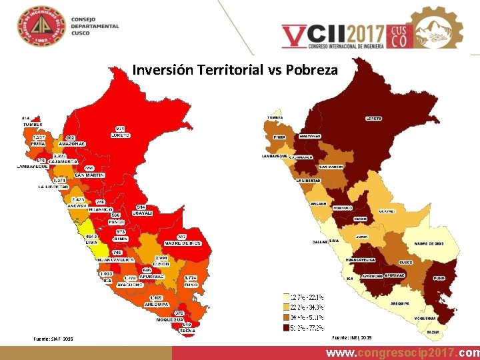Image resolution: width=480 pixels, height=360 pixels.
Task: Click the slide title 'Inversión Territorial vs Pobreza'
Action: pos(235,69)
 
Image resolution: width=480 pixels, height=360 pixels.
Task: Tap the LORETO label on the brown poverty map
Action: pos(373,119)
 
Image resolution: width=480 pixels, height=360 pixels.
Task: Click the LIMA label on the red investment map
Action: pos(91,243)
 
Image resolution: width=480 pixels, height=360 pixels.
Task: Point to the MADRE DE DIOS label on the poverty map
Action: pos(430,243)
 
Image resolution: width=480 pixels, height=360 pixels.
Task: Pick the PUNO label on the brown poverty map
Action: pos(439,277)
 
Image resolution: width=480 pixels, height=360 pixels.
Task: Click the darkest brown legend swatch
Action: pos(285,328)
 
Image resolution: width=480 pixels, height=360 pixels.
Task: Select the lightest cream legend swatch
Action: pos(285,296)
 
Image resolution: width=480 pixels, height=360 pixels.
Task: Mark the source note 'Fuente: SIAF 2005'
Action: pos(54,339)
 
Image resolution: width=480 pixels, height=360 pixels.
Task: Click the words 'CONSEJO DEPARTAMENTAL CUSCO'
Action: pos(95,27)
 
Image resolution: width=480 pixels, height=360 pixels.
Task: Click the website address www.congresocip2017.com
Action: pos(403,352)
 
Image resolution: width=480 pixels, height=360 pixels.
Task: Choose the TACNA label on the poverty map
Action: pos(432,331)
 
